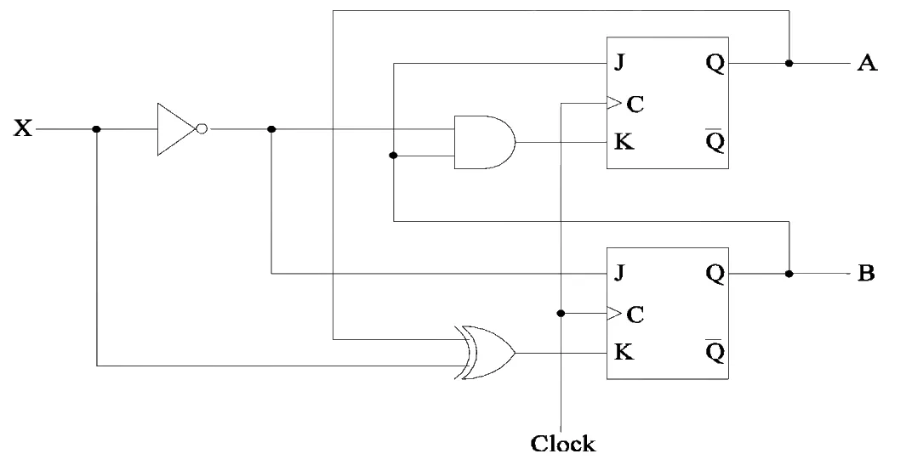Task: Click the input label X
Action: [23, 128]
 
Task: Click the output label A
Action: [867, 62]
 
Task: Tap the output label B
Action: [865, 273]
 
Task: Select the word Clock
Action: [563, 444]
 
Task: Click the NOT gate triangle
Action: [175, 129]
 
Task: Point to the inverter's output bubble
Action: [201, 129]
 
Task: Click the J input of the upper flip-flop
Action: [618, 62]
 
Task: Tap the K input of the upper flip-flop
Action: [624, 141]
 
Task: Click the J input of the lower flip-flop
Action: [618, 272]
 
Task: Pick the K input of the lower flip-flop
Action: [624, 351]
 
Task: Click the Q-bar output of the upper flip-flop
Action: [715, 140]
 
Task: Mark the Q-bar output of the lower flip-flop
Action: [715, 350]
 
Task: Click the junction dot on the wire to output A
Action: [789, 63]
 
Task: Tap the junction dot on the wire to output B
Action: [789, 273]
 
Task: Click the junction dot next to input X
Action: [96, 129]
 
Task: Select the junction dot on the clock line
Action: [561, 314]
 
